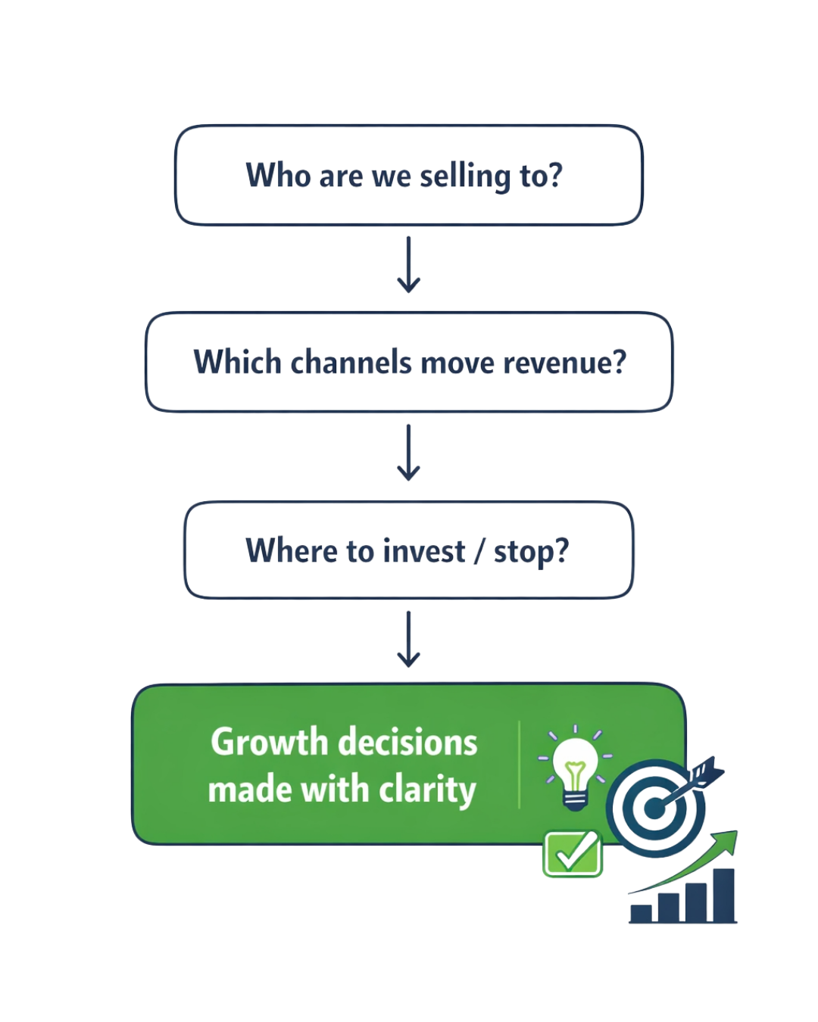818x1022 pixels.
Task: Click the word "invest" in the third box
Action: click(424, 551)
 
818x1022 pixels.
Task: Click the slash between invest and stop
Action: click(479, 551)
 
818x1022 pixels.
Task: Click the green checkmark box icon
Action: click(572, 854)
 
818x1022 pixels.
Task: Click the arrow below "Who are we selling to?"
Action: click(408, 265)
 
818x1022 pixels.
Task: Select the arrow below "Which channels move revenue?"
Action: click(408, 453)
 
